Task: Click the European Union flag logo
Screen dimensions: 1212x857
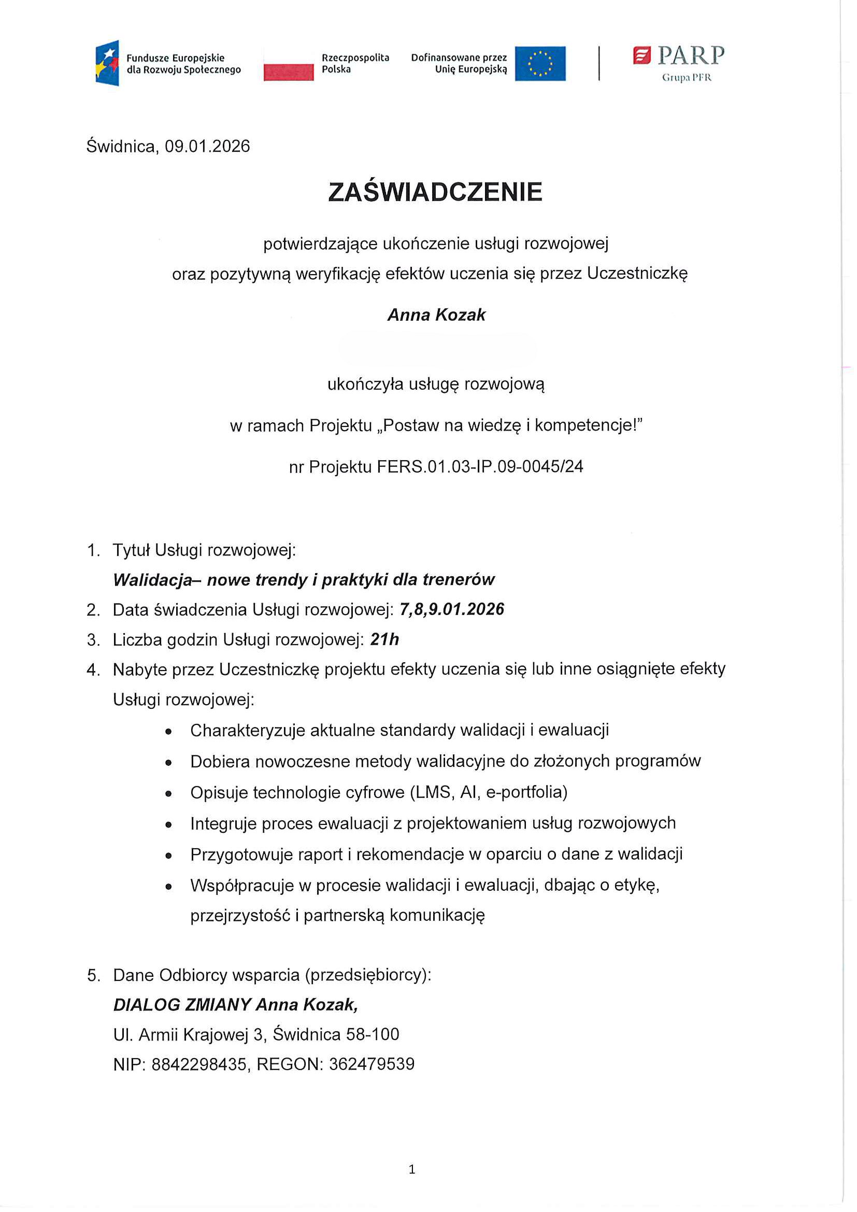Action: point(540,63)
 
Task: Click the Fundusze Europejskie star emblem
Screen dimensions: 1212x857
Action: point(107,63)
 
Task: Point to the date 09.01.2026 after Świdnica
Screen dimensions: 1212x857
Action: point(207,146)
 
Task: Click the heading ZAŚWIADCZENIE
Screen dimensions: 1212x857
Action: point(435,192)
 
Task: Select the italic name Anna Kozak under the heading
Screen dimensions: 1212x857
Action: point(436,315)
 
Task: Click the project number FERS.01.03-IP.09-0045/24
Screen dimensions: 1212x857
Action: point(480,467)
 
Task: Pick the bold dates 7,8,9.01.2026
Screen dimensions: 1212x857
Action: point(452,609)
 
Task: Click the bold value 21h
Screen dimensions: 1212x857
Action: point(384,639)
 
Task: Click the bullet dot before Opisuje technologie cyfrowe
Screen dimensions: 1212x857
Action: point(168,793)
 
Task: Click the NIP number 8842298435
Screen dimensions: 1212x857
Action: point(199,1064)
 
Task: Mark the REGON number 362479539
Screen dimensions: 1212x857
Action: point(372,1064)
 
